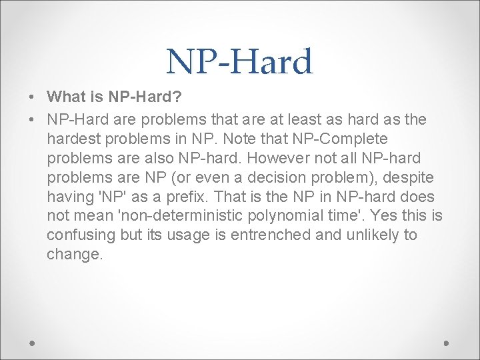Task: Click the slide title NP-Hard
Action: click(239, 62)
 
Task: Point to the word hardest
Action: click(75, 139)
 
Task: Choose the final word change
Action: click(74, 255)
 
